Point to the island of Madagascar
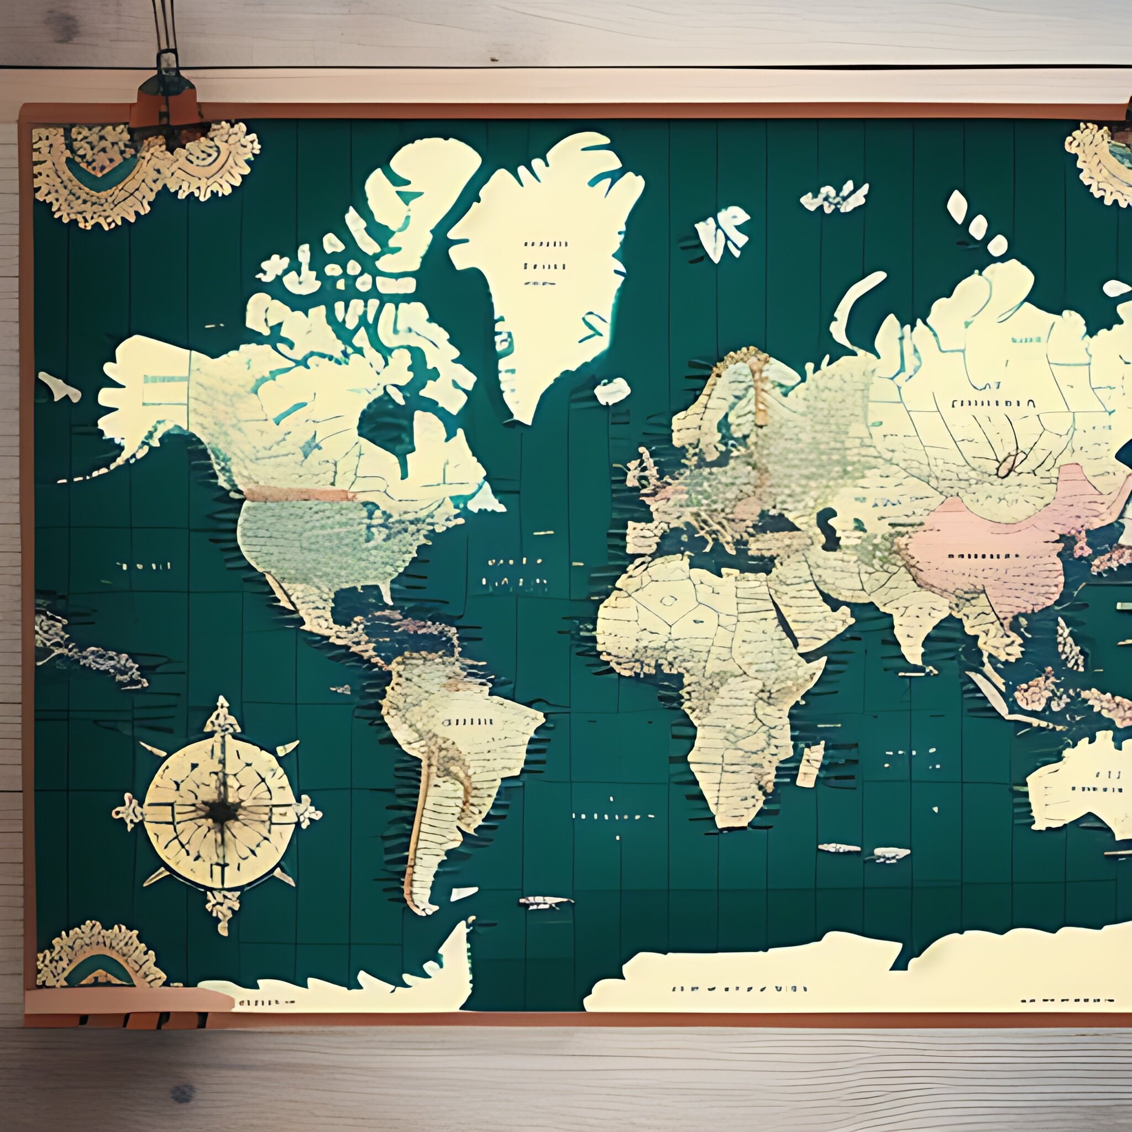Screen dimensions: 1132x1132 tap(810, 764)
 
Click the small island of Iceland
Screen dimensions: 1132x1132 tap(612, 390)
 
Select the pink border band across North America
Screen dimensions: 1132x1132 tap(299, 494)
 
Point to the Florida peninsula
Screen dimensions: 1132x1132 tap(384, 589)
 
